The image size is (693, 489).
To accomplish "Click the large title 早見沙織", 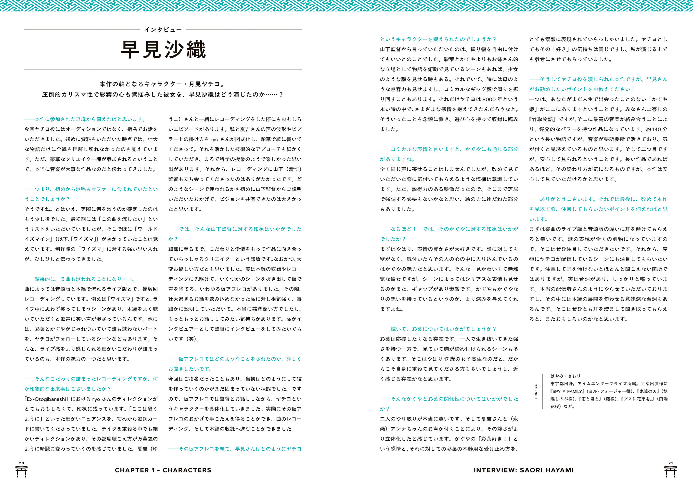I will click(x=163, y=49).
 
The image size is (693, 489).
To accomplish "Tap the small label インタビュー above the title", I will click(x=163, y=30).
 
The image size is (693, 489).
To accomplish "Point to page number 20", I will click(x=21, y=463).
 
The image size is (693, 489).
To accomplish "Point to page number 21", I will click(x=671, y=463).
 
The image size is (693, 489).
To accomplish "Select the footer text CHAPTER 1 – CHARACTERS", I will click(x=163, y=470).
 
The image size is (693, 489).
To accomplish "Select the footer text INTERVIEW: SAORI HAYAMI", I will click(x=524, y=470).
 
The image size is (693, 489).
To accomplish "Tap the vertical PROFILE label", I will click(x=536, y=391).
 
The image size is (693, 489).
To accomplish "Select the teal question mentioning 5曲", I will click(x=80, y=279).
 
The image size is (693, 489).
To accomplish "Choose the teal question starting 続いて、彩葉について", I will click(x=438, y=329).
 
